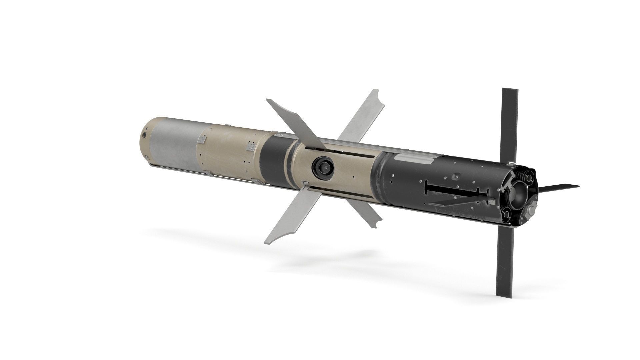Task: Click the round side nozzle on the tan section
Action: point(322,166)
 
